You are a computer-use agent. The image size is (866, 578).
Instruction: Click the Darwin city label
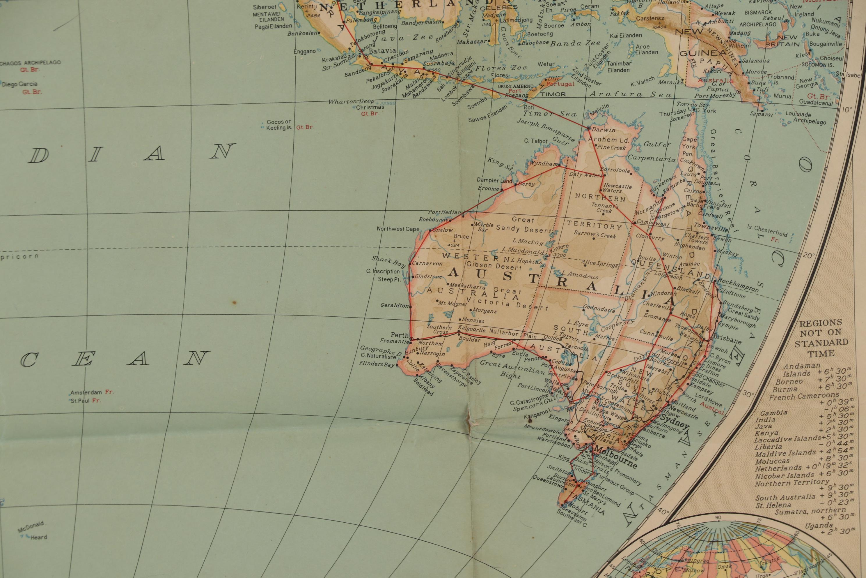coord(604,130)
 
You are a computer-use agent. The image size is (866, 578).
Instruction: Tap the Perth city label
coord(400,335)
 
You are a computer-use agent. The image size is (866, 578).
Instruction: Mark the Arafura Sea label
coord(631,94)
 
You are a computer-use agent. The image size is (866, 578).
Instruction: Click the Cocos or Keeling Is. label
coord(279,125)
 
